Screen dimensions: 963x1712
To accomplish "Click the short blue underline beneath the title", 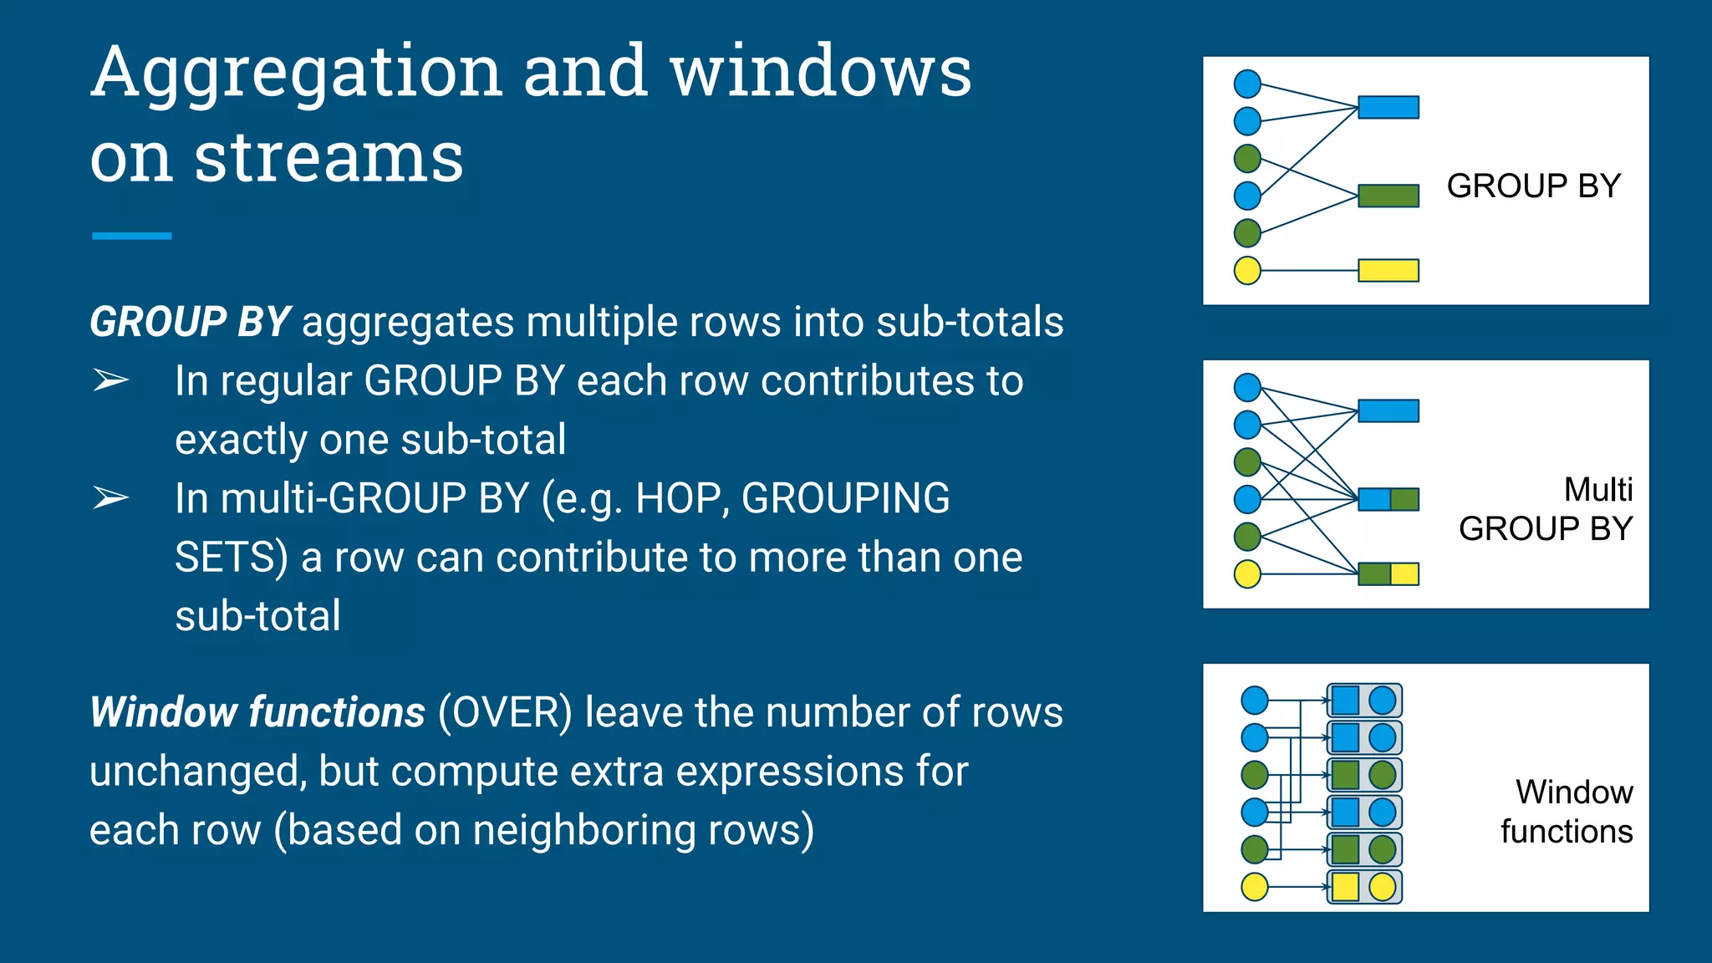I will coord(131,237).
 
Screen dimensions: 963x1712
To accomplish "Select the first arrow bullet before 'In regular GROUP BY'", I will coord(110,381).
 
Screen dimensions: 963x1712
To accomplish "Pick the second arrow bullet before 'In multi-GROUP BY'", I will coord(110,498).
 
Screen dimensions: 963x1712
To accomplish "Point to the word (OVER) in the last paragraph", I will coord(505,713).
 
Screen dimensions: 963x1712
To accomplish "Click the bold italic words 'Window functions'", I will coord(257,713).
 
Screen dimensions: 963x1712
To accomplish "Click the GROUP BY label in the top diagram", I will coord(1533,186).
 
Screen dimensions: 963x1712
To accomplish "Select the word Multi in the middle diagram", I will coord(1597,490).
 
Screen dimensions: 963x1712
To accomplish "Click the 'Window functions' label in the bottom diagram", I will coord(1567,812).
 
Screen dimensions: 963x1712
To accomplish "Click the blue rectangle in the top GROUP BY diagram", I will coord(1388,107).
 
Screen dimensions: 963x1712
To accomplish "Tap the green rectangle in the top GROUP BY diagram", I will coord(1388,196).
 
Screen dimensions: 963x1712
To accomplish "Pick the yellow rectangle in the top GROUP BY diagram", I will coord(1388,270).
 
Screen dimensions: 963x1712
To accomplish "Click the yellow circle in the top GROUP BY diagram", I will coord(1247,270).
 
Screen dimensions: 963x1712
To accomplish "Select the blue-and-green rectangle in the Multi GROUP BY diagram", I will coord(1388,499).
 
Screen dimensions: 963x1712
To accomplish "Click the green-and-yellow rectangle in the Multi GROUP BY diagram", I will coord(1388,573).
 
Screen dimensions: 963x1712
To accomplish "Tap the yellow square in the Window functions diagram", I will coord(1345,886).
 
